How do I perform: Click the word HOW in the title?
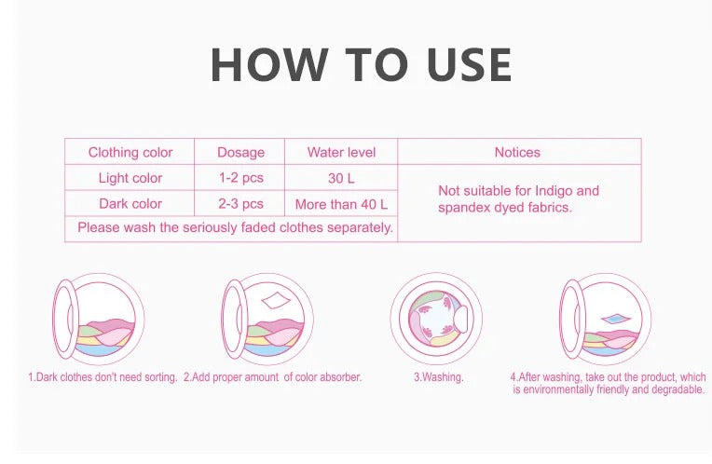[x=269, y=65]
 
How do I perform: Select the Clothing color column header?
[x=130, y=152]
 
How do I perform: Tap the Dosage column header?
[x=240, y=152]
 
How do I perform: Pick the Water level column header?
[x=342, y=152]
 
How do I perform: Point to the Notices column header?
[x=517, y=152]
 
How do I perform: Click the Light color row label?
[x=130, y=178]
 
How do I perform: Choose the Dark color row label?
[x=130, y=203]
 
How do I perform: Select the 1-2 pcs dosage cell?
[x=240, y=178]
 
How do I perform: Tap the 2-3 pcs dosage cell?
[x=240, y=203]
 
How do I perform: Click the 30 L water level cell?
[x=342, y=178]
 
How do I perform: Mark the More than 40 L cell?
[x=341, y=203]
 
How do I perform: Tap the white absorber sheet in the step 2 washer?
[x=277, y=301]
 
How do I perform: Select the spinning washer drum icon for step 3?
[x=434, y=319]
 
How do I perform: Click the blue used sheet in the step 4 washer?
[x=617, y=319]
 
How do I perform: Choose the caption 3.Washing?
[x=438, y=377]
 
